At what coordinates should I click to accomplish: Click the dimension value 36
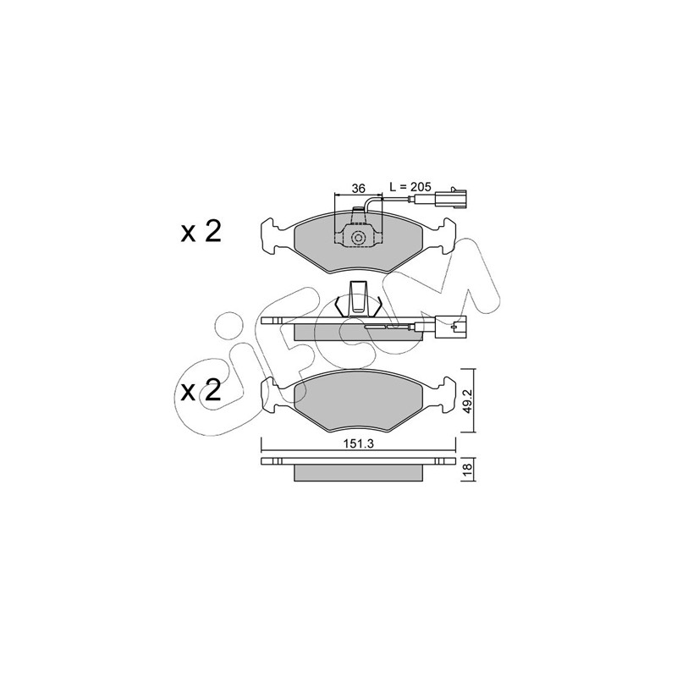358,188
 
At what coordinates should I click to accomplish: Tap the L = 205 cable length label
410,187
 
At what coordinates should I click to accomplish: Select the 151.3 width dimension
358,443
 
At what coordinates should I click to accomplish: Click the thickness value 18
468,471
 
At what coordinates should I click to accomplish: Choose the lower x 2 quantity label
201,391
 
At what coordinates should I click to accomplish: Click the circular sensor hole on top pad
358,238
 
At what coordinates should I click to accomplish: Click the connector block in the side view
451,327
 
